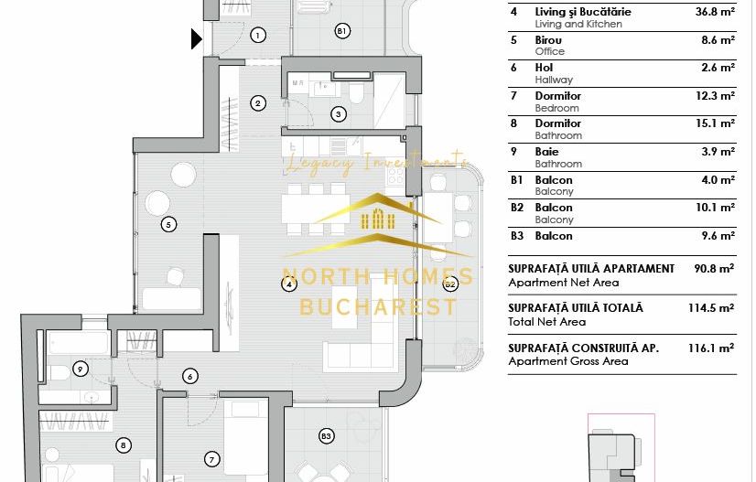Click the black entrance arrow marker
click(197, 38)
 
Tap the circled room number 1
click(258, 36)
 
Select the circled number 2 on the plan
click(258, 103)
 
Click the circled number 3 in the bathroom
click(339, 114)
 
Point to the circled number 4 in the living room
click(289, 284)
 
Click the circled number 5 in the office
click(167, 224)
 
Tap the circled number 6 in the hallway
click(190, 376)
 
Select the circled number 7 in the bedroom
click(212, 459)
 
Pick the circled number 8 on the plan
click(124, 445)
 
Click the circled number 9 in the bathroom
click(81, 370)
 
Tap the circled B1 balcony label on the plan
click(341, 31)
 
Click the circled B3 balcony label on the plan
click(326, 437)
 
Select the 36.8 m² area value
click(714, 12)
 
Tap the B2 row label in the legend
click(517, 208)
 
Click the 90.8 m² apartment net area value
click(714, 269)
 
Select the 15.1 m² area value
click(715, 123)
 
